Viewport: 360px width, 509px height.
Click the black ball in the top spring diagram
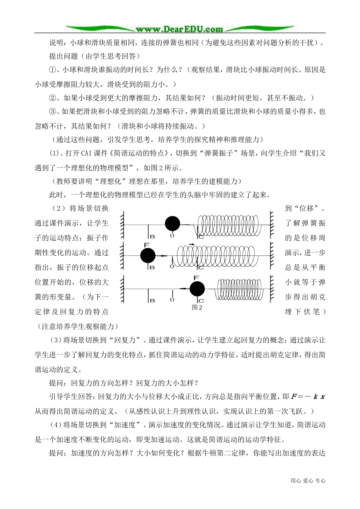pos(172,224)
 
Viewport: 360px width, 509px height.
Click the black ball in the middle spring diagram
pos(148,256)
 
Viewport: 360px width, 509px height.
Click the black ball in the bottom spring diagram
pos(197,289)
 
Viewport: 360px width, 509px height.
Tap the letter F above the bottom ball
pos(196,278)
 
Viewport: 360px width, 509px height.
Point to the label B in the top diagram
pos(152,236)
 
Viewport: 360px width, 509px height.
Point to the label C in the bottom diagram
pos(201,301)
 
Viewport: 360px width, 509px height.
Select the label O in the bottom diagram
pos(172,300)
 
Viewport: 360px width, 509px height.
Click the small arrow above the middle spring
pos(191,244)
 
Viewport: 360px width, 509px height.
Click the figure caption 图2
pos(197,308)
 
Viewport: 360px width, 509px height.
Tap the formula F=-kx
pos(308,397)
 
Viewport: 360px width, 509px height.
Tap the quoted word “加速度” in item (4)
pos(122,425)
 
